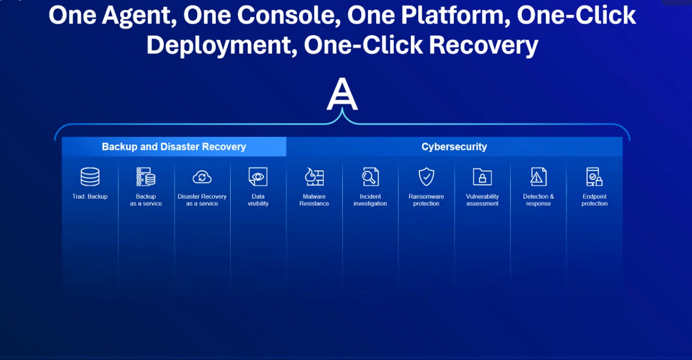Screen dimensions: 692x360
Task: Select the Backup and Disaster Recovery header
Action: pos(174,146)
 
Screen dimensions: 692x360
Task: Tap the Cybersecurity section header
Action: pos(454,146)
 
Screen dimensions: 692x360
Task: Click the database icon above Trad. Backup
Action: pos(90,176)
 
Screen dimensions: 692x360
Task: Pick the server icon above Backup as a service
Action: pos(146,176)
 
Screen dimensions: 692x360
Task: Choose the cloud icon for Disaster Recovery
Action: pos(202,177)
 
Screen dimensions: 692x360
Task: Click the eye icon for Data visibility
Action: pos(258,176)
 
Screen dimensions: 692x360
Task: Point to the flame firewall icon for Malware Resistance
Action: pos(314,176)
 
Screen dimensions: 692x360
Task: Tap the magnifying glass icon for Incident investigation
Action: pos(370,176)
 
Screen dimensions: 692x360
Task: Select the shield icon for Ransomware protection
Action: pos(426,176)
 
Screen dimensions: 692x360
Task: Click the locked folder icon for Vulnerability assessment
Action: pos(482,176)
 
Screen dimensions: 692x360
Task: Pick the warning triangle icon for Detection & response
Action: pos(538,176)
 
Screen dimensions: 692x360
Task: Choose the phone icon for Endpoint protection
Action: pos(594,176)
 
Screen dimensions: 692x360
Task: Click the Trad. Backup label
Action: pos(90,196)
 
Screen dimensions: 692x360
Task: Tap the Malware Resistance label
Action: pos(314,200)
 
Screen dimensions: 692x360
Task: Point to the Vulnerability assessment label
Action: pos(482,200)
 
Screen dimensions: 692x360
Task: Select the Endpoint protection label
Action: pos(594,200)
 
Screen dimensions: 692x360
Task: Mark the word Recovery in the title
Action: pos(484,45)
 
